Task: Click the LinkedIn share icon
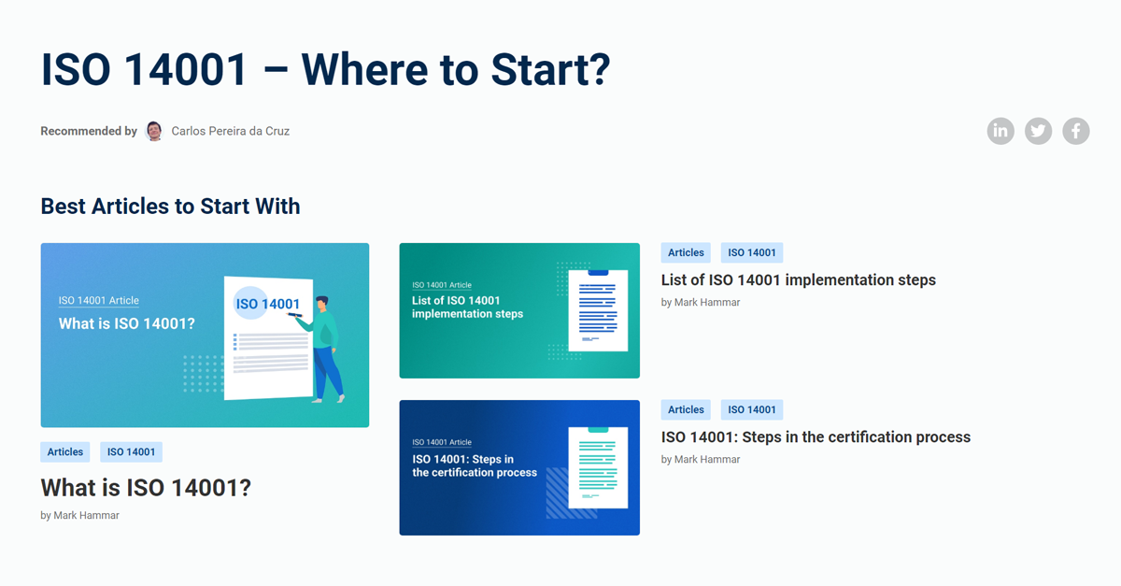tap(1000, 131)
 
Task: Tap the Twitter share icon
tap(1038, 131)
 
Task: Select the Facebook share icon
tap(1075, 131)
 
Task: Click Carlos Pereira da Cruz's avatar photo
tap(154, 131)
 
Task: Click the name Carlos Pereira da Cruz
tap(231, 132)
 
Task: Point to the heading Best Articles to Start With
tap(170, 207)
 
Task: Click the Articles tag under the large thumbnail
tap(65, 452)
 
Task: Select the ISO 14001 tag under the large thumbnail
tap(131, 452)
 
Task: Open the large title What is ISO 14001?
tap(146, 488)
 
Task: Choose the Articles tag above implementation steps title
tap(686, 252)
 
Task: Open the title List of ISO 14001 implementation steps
tap(798, 279)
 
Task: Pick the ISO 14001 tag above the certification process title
tap(752, 409)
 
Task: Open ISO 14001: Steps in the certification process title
tap(816, 436)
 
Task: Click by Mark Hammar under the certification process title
tap(701, 460)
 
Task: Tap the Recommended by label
tap(89, 132)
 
